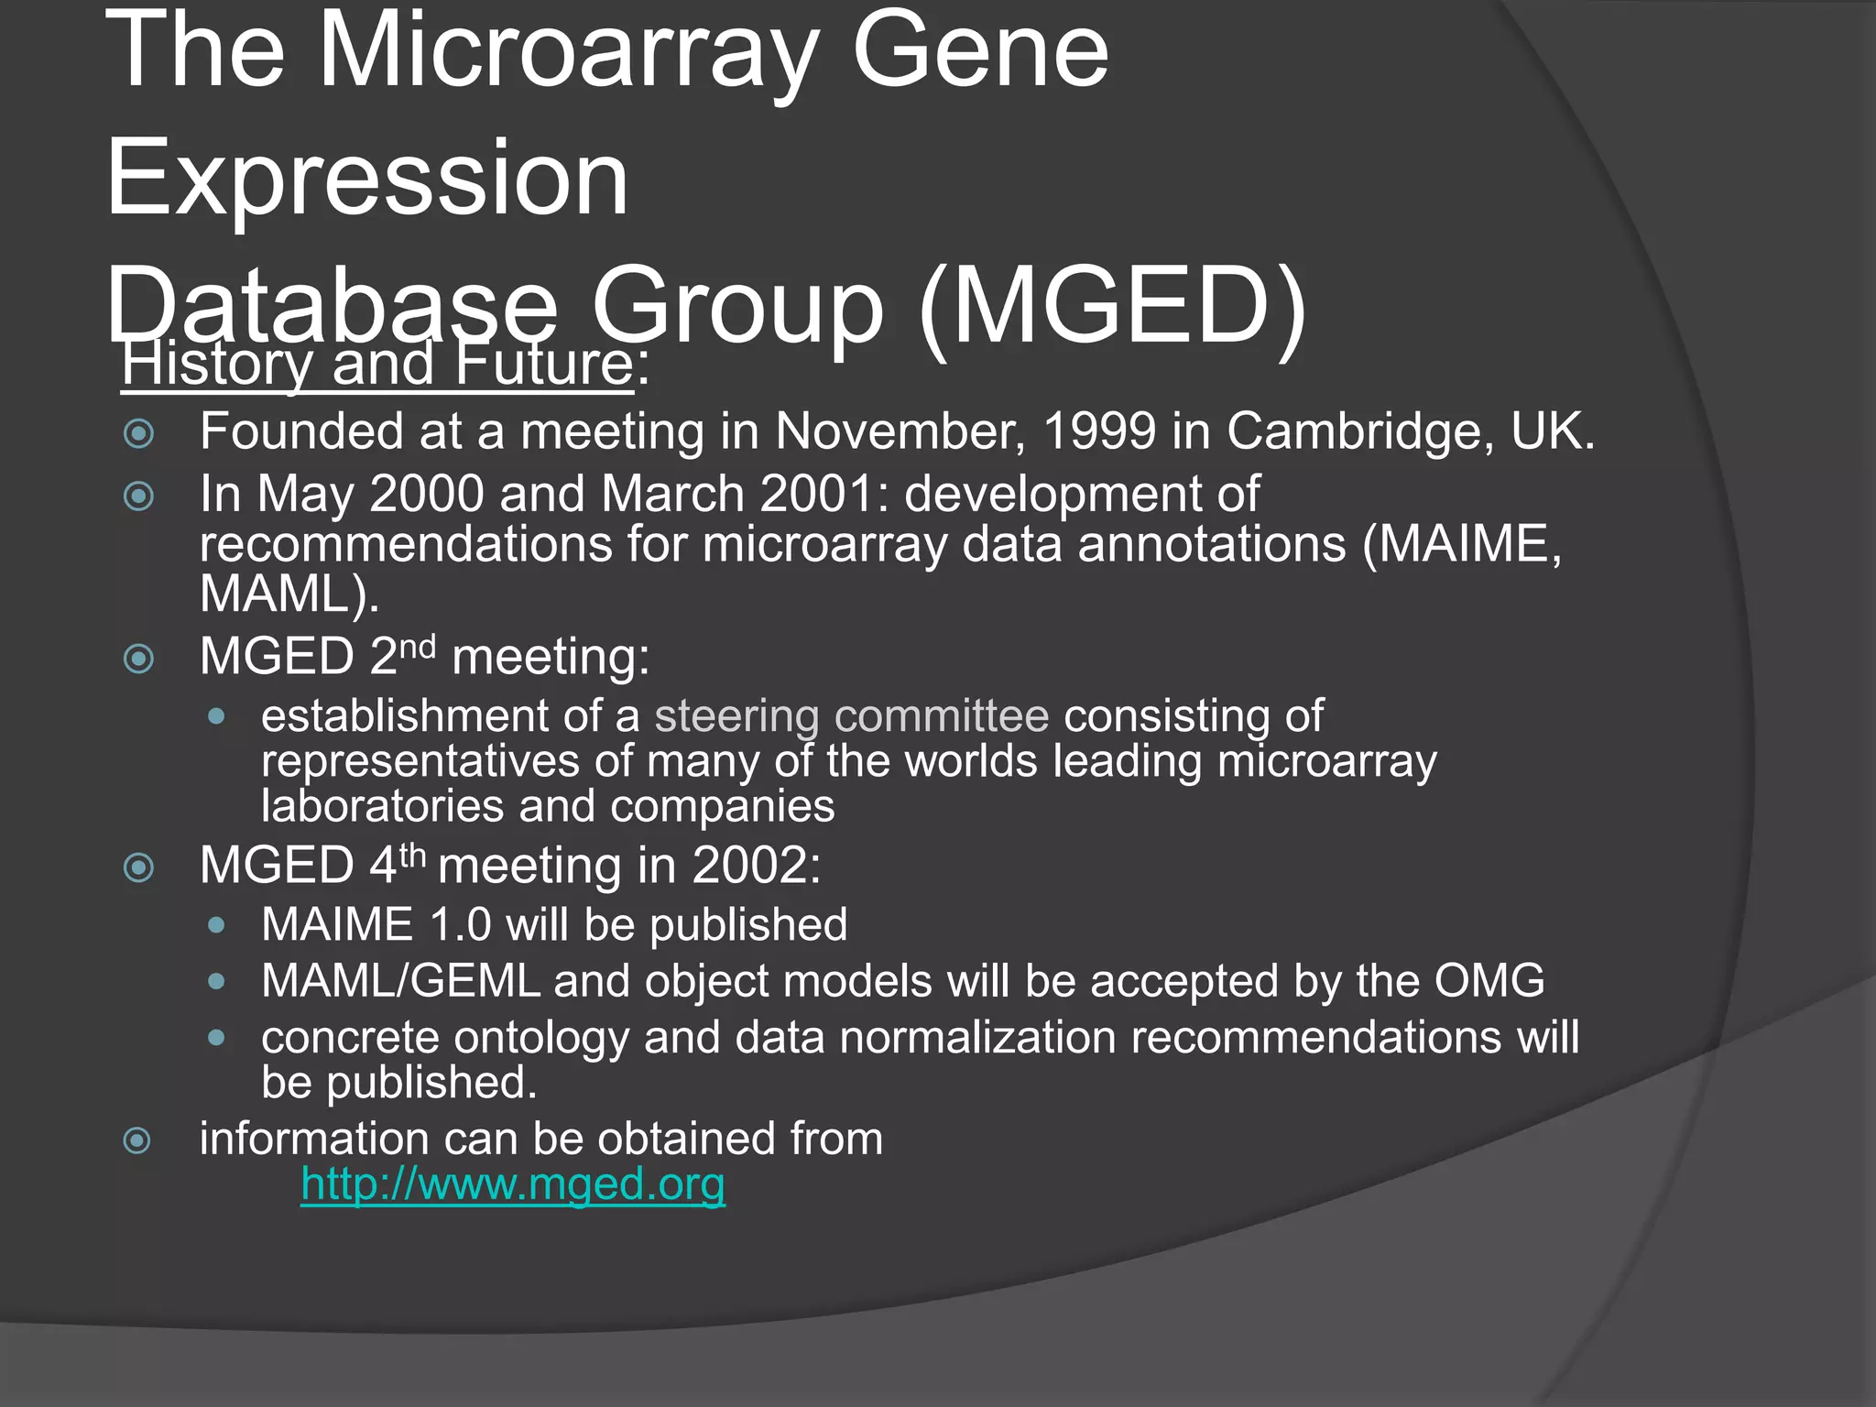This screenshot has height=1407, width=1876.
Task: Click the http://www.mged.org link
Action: [x=513, y=1183]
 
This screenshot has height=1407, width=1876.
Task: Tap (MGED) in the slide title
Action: [x=1112, y=307]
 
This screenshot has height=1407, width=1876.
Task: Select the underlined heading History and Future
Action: [x=377, y=364]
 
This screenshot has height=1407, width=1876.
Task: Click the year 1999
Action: [x=1099, y=431]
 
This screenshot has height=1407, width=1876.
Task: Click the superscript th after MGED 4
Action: [x=413, y=856]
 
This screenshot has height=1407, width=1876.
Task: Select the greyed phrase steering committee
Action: [x=851, y=715]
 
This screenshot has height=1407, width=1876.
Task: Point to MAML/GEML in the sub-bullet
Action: [x=400, y=981]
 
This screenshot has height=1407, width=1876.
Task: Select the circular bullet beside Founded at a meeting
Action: [x=138, y=433]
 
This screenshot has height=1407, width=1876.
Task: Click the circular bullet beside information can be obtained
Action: [x=137, y=1140]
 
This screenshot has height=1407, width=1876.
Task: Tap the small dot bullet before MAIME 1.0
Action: [x=216, y=925]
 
